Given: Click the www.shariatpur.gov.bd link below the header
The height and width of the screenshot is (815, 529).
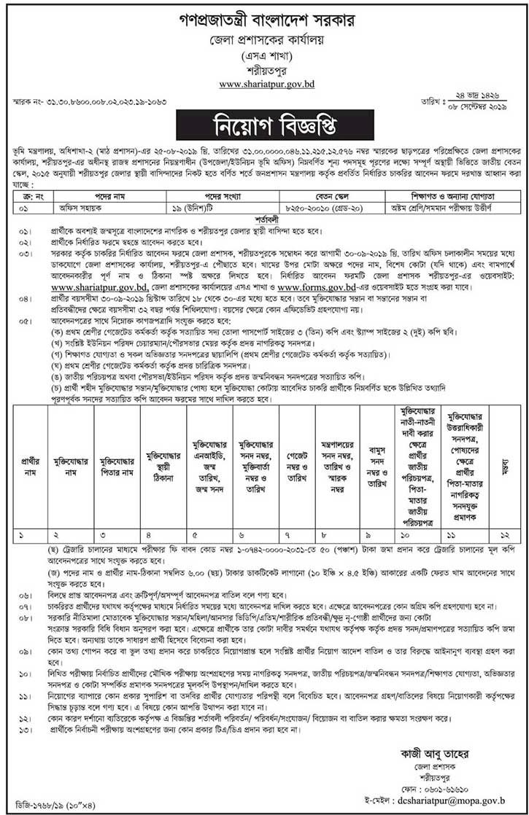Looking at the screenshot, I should pyautogui.click(x=265, y=85).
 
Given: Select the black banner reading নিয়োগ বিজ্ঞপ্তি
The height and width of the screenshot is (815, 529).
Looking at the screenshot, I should pyautogui.click(x=264, y=125).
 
